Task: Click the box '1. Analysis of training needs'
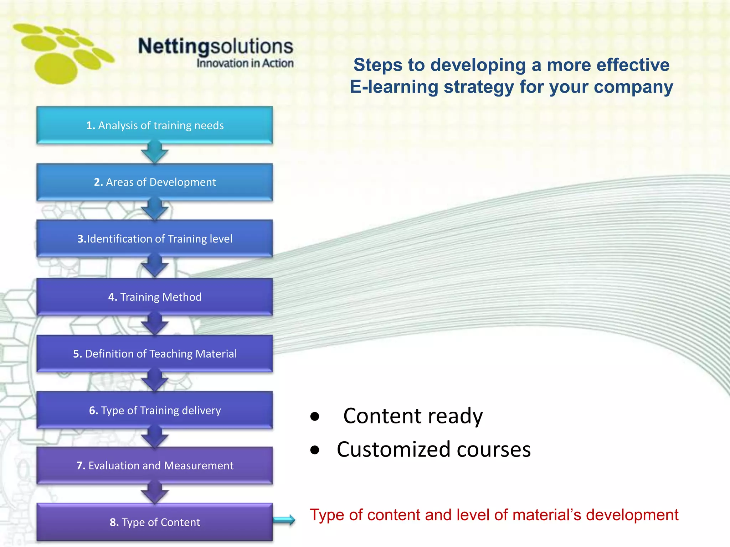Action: coord(155,125)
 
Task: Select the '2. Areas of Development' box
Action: coord(155,182)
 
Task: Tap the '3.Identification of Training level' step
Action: coord(155,239)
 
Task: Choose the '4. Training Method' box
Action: coord(155,297)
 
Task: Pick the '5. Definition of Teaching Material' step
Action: coord(155,354)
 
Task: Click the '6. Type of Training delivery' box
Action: coord(155,410)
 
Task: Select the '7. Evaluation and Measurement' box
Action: coord(155,465)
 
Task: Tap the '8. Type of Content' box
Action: coord(155,522)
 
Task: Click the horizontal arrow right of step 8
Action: coord(284,520)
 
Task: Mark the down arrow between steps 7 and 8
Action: coord(155,493)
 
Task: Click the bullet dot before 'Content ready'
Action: coord(315,416)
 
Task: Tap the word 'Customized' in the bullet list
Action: coord(394,449)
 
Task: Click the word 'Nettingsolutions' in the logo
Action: coord(216,46)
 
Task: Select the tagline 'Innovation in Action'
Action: coord(245,63)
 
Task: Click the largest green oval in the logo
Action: coord(56,68)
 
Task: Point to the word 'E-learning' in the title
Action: coord(394,87)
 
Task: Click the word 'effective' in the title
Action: coord(633,65)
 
